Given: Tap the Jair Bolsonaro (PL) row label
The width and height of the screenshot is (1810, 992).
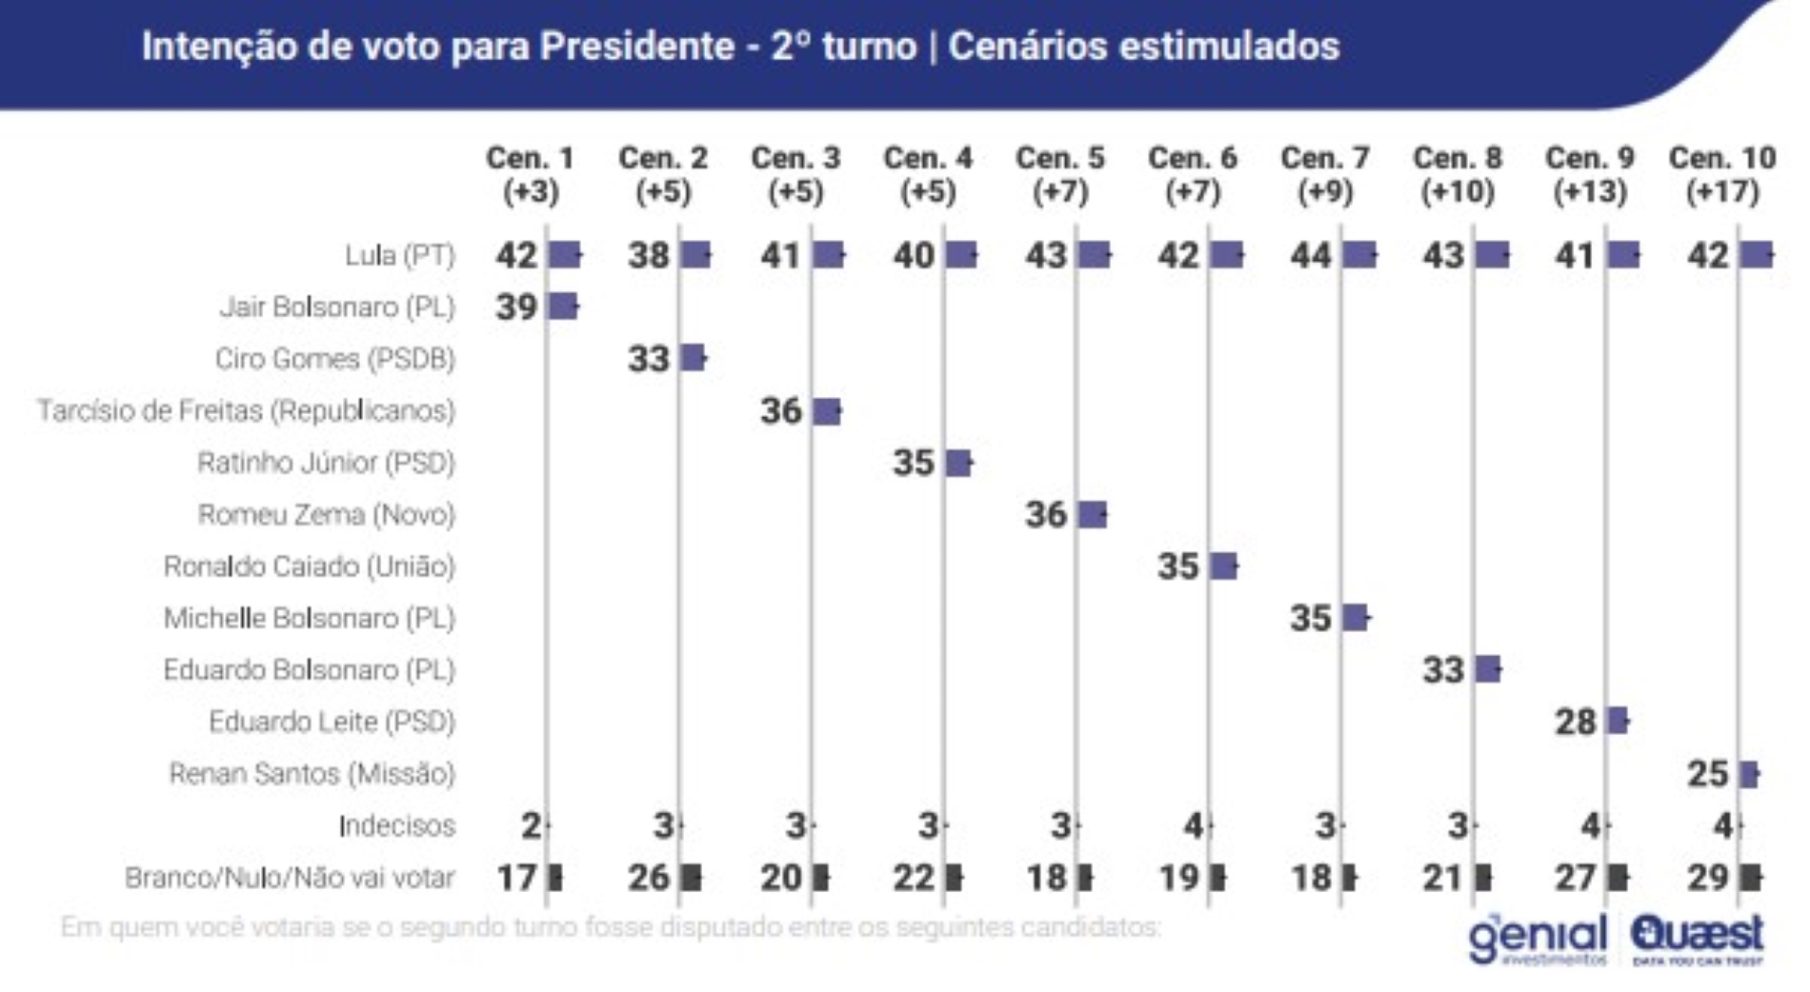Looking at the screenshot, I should [337, 308].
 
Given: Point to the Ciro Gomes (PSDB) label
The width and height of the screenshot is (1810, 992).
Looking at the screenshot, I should [334, 359].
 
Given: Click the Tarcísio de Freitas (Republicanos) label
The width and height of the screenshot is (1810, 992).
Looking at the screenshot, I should [246, 411].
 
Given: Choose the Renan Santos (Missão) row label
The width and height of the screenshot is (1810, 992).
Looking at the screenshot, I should [312, 774].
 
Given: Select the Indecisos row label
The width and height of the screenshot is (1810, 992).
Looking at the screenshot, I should [396, 825].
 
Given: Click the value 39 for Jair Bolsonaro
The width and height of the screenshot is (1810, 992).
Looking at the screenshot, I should [516, 308].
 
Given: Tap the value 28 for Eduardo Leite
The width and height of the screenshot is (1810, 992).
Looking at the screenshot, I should [1575, 722].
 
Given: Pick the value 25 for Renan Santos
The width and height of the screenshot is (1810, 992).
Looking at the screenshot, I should [1707, 774].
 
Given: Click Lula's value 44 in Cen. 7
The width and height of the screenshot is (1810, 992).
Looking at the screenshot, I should [1311, 255].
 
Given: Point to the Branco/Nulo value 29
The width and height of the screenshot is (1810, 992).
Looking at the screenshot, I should [1707, 877].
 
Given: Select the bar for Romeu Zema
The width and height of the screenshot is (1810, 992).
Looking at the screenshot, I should [1093, 515].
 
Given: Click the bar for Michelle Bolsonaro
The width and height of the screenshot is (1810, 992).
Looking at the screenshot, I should [1356, 618].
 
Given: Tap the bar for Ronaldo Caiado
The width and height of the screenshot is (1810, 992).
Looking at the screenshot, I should [1224, 566].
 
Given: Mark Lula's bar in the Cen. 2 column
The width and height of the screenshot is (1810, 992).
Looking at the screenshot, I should [696, 255].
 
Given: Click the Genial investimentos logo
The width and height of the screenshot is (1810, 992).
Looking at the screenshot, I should [1537, 939].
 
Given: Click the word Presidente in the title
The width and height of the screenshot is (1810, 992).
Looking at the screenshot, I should [637, 46].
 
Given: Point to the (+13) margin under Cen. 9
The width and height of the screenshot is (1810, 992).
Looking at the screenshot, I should [1590, 192].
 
